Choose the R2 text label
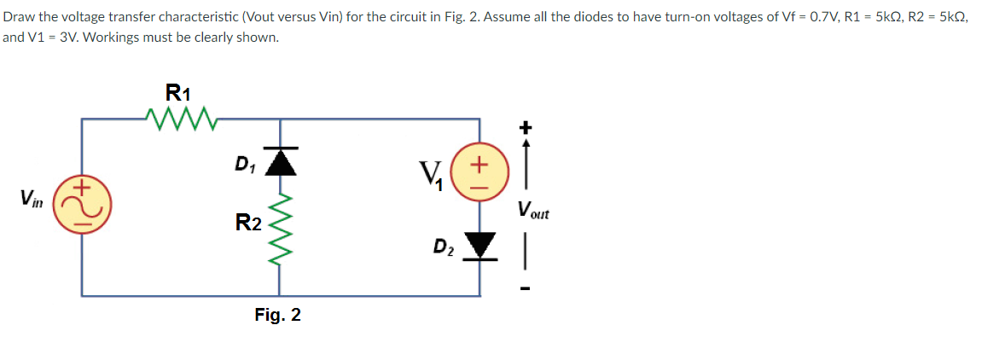(248, 224)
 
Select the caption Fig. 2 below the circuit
(277, 316)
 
